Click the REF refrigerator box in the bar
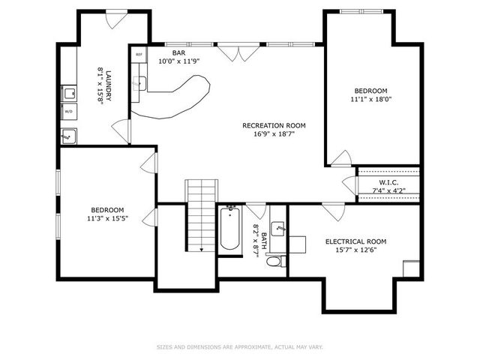(x=139, y=55)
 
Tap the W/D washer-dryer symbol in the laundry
(x=68, y=111)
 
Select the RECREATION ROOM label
(x=274, y=125)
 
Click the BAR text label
(x=178, y=53)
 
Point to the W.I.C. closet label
(x=388, y=182)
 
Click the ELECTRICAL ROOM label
(x=355, y=241)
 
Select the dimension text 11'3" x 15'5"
(x=107, y=219)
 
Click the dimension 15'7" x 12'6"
(x=355, y=251)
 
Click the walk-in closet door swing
(x=348, y=183)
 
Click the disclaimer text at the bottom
(x=239, y=347)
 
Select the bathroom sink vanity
(x=280, y=229)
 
